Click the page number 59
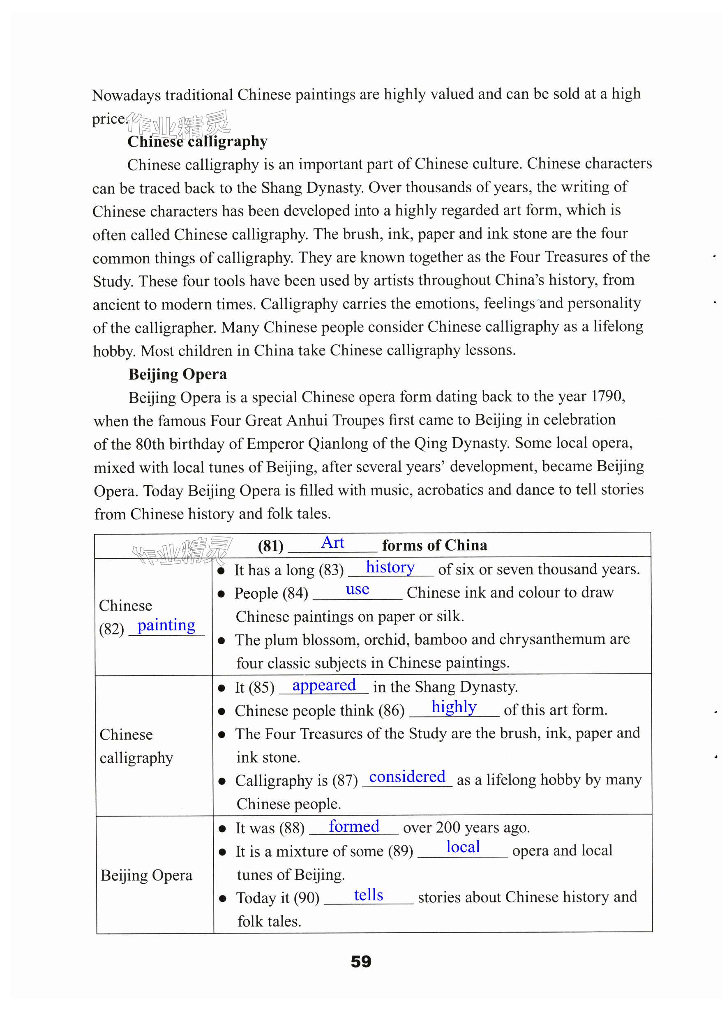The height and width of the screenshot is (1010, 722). (x=360, y=962)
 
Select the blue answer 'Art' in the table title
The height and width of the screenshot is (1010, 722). (x=332, y=543)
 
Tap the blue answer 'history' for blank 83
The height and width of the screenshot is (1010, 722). (x=390, y=568)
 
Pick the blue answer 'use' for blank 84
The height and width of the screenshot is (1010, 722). (x=357, y=590)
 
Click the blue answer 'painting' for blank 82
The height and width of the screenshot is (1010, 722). (x=166, y=625)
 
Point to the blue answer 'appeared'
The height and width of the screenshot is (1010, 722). (x=324, y=685)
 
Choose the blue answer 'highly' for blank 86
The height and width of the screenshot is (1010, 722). (x=454, y=707)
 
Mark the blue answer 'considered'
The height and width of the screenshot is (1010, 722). (x=407, y=777)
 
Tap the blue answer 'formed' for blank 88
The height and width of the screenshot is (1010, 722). (x=354, y=826)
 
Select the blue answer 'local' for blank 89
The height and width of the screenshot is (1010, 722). (x=463, y=847)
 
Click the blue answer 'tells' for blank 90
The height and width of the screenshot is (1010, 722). (x=368, y=895)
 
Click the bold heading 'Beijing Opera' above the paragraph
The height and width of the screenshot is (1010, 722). (x=178, y=374)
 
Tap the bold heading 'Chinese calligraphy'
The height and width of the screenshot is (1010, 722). (x=197, y=141)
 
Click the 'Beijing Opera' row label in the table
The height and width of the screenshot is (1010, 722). (x=146, y=875)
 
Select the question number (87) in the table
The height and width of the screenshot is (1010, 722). (x=345, y=781)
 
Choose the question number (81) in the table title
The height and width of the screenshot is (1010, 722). (x=270, y=546)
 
